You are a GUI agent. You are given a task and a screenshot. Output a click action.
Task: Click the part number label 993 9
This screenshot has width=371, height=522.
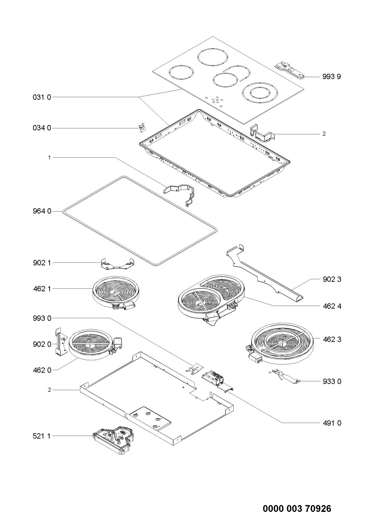click(x=332, y=77)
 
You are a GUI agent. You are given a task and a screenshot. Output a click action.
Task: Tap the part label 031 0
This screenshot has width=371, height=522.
click(x=42, y=97)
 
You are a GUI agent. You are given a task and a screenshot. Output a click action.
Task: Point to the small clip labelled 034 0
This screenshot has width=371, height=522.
click(x=141, y=129)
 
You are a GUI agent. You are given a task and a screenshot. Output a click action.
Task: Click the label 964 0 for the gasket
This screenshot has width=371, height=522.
click(x=42, y=211)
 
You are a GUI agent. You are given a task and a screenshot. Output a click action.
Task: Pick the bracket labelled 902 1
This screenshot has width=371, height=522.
click(x=117, y=264)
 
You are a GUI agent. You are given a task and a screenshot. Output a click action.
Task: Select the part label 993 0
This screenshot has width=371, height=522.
click(x=42, y=318)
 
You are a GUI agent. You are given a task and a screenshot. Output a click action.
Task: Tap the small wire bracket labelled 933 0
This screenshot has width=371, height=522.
click(x=284, y=377)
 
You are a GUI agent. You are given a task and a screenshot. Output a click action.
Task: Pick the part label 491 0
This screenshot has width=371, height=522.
click(x=332, y=423)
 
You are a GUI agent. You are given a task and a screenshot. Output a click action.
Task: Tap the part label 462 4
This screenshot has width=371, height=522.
click(x=332, y=306)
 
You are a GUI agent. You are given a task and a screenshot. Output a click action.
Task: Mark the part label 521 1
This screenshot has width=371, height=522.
click(x=42, y=436)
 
